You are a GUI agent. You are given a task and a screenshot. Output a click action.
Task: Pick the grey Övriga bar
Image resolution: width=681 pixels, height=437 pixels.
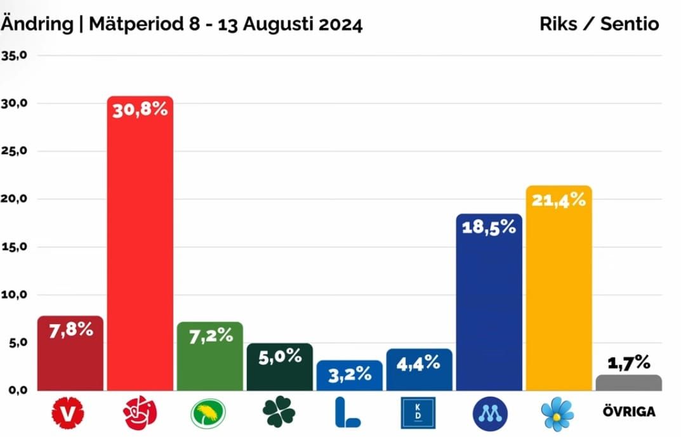coord(628,382)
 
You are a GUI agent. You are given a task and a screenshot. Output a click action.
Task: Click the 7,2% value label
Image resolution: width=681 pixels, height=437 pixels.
coord(210,336)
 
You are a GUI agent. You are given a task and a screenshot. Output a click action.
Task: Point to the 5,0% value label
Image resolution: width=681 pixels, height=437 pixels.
coord(280,356)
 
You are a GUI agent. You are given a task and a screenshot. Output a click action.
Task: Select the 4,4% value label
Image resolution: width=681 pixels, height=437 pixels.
coord(419,362)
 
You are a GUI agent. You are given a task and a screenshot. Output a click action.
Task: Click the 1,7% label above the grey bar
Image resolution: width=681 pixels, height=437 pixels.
coord(628,362)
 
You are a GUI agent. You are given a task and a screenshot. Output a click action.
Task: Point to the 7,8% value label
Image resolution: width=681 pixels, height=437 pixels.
coord(70,329)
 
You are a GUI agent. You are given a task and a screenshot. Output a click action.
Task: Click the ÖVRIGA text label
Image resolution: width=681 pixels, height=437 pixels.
coord(628,412)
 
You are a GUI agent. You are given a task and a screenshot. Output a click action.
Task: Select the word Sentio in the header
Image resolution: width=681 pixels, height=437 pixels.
coord(631,24)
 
